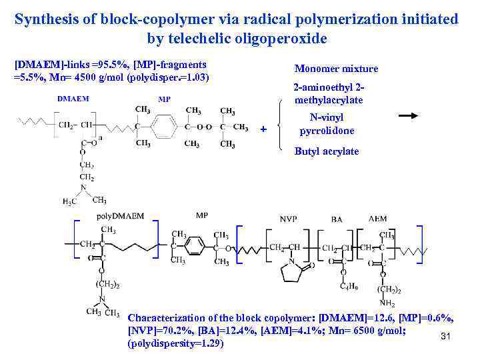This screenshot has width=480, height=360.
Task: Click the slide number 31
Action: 446,337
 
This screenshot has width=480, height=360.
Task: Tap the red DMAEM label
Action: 73,99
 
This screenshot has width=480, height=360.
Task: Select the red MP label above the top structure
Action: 164,99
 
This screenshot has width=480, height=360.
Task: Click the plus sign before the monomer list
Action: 263,129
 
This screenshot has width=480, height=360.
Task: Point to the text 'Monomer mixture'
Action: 336,69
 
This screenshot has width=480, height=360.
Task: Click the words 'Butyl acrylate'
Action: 327,151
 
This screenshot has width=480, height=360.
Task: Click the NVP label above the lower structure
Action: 289,219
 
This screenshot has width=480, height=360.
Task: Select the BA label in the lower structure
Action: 337,219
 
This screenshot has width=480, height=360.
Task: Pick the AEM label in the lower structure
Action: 377,219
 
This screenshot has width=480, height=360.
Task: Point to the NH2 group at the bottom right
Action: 387,303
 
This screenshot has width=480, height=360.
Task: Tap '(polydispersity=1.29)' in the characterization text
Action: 175,344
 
